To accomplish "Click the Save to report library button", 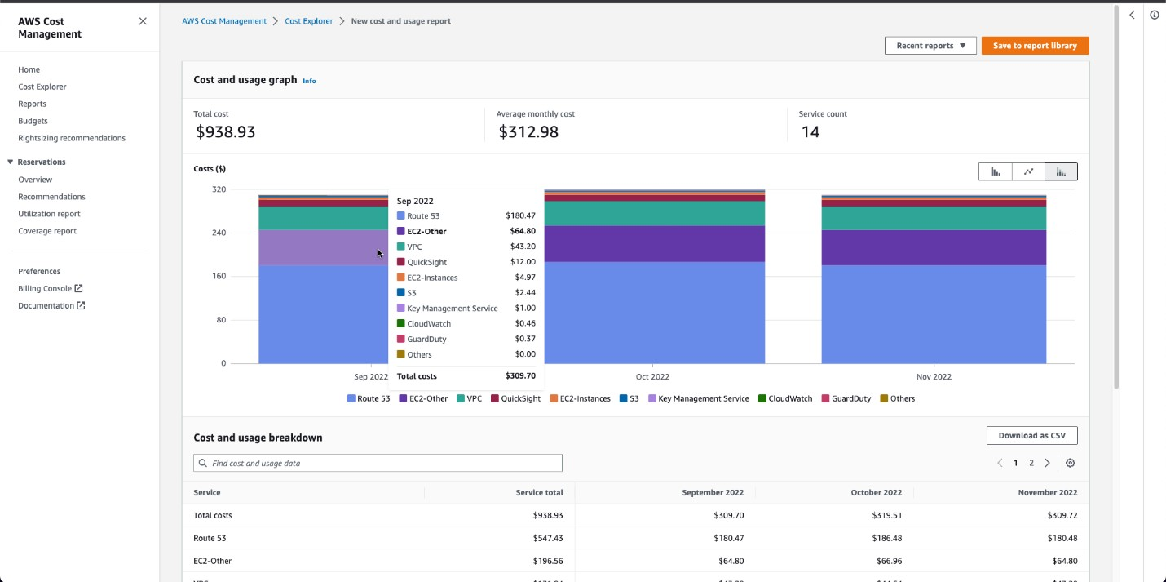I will point(1035,46).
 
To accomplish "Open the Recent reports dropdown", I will point(930,46).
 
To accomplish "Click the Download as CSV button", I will point(1031,435).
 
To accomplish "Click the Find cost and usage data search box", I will point(378,463).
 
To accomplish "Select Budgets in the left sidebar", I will point(33,121).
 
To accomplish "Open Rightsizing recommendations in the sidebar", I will point(72,138).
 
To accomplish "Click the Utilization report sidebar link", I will point(49,214).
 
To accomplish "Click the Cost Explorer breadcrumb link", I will point(308,21).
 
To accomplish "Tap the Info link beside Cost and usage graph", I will point(309,81).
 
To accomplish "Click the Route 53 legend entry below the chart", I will point(369,398).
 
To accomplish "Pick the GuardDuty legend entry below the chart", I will point(846,398).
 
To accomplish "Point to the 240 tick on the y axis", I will point(218,233).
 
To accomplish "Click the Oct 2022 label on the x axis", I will point(652,376).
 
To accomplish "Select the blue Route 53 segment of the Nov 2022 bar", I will point(933,314).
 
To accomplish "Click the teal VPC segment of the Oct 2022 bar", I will point(654,213).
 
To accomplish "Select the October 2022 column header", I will point(876,492).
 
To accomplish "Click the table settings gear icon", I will point(1070,463).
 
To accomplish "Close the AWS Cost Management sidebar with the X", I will point(143,21).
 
